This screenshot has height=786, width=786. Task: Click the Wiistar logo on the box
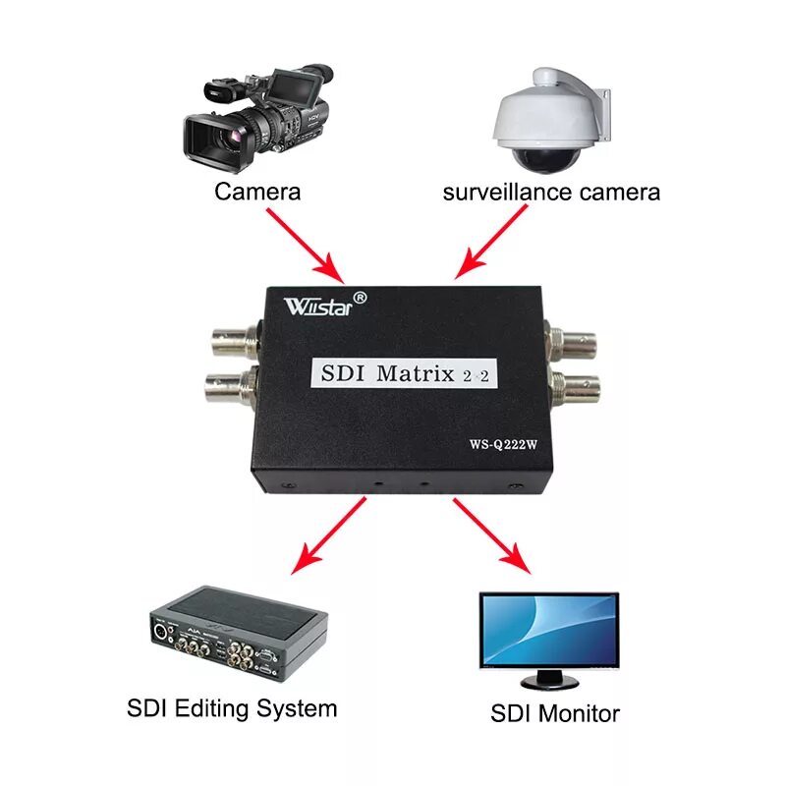(x=325, y=302)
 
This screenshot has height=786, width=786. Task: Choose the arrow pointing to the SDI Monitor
(x=490, y=535)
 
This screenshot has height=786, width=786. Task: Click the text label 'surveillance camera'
(x=551, y=192)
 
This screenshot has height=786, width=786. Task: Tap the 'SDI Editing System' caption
(x=232, y=708)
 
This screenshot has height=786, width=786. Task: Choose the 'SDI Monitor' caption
(x=554, y=713)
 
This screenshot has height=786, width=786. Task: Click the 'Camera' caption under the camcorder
(x=257, y=192)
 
